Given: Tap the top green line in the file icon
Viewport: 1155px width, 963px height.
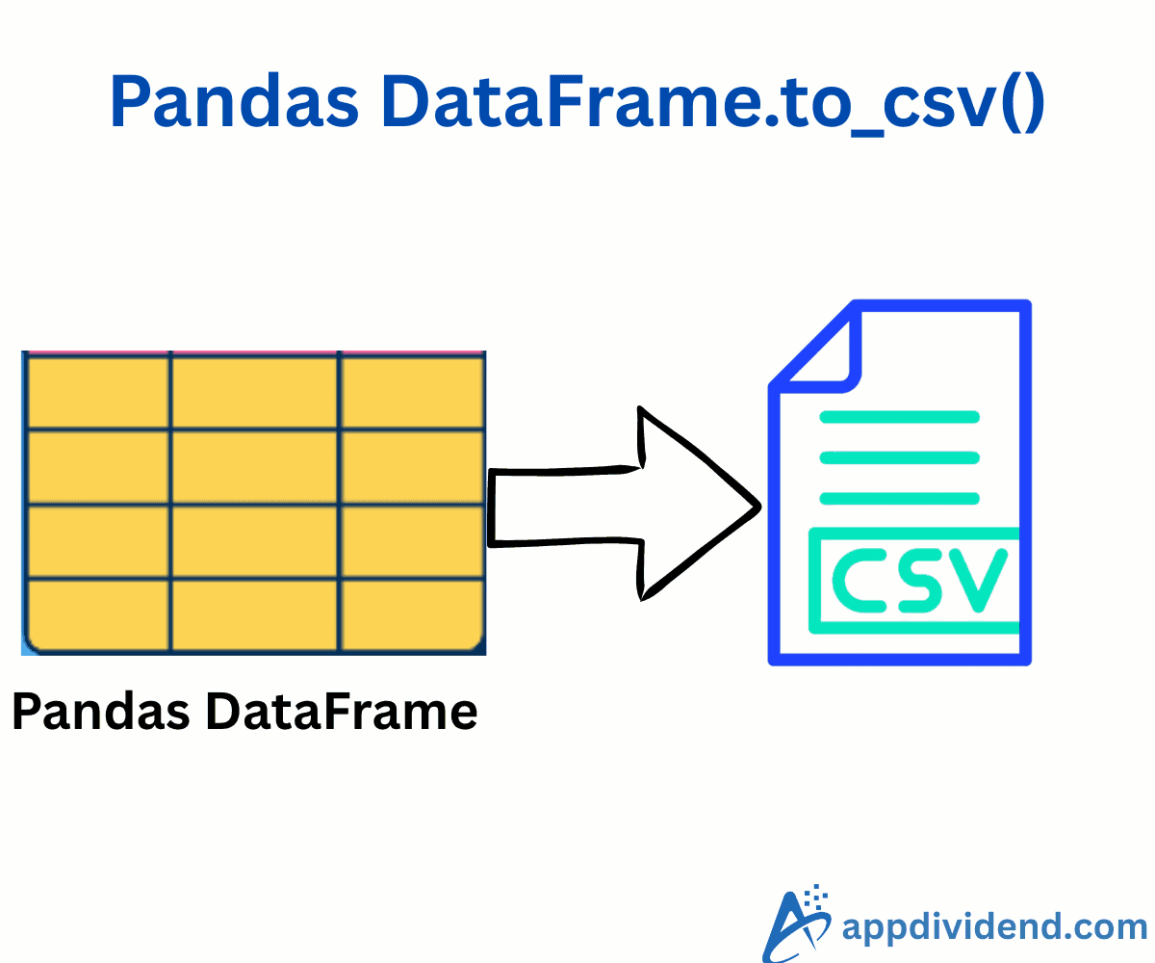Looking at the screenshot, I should (899, 417).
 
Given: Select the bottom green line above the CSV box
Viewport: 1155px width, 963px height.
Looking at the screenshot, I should (899, 498).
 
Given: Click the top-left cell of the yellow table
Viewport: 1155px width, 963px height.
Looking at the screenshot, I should (97, 392).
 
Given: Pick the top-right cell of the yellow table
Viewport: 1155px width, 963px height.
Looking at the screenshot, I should (411, 392).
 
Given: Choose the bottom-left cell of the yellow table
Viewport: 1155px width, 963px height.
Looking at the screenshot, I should (97, 614).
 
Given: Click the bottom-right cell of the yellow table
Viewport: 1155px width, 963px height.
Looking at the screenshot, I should (411, 614).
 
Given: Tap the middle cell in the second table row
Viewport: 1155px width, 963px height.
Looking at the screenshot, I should (255, 466).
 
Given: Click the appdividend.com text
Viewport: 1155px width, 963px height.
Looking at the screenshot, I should (994, 926).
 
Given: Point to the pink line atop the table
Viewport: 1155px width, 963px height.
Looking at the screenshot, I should (254, 353).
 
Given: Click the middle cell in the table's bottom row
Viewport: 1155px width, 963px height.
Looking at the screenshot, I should (255, 614).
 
